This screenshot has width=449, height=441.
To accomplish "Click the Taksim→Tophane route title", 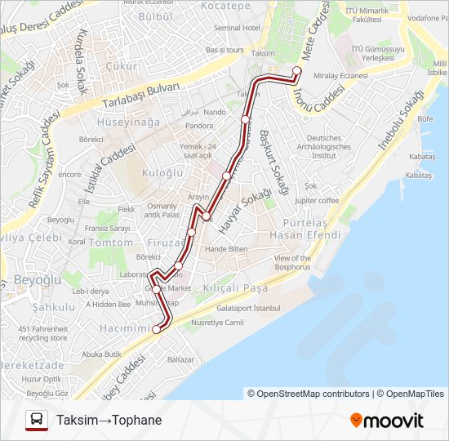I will coord(109,421).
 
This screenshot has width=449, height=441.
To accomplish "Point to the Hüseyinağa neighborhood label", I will coord(129,122).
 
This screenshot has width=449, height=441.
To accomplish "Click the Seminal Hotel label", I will coord(236,28).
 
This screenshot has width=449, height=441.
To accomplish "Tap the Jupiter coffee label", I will coord(317,200).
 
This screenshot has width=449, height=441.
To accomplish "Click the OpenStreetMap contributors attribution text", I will coord(309,394).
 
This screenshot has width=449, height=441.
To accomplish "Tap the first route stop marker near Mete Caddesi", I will coord(297,70).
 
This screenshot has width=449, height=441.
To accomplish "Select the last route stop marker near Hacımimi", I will coord(157,330).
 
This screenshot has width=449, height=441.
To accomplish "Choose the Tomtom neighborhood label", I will coord(110,243).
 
